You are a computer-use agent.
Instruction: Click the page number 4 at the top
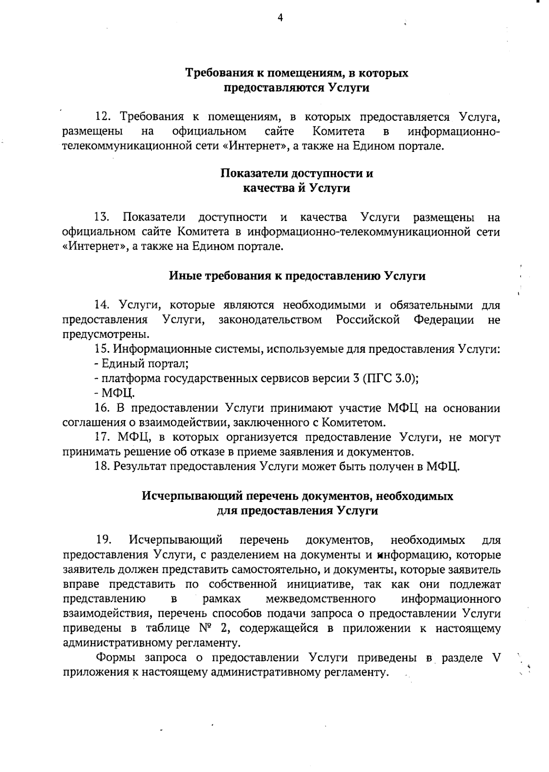280,18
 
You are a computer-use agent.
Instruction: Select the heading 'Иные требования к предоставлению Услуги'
297,276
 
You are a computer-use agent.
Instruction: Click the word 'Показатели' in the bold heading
252,173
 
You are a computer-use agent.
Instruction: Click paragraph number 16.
102,408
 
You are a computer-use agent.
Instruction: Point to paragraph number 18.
102,466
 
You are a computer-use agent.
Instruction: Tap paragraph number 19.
103,540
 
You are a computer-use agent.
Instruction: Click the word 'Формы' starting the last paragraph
114,658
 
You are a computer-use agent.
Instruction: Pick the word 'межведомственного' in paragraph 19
320,599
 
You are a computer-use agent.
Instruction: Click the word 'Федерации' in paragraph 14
443,319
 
